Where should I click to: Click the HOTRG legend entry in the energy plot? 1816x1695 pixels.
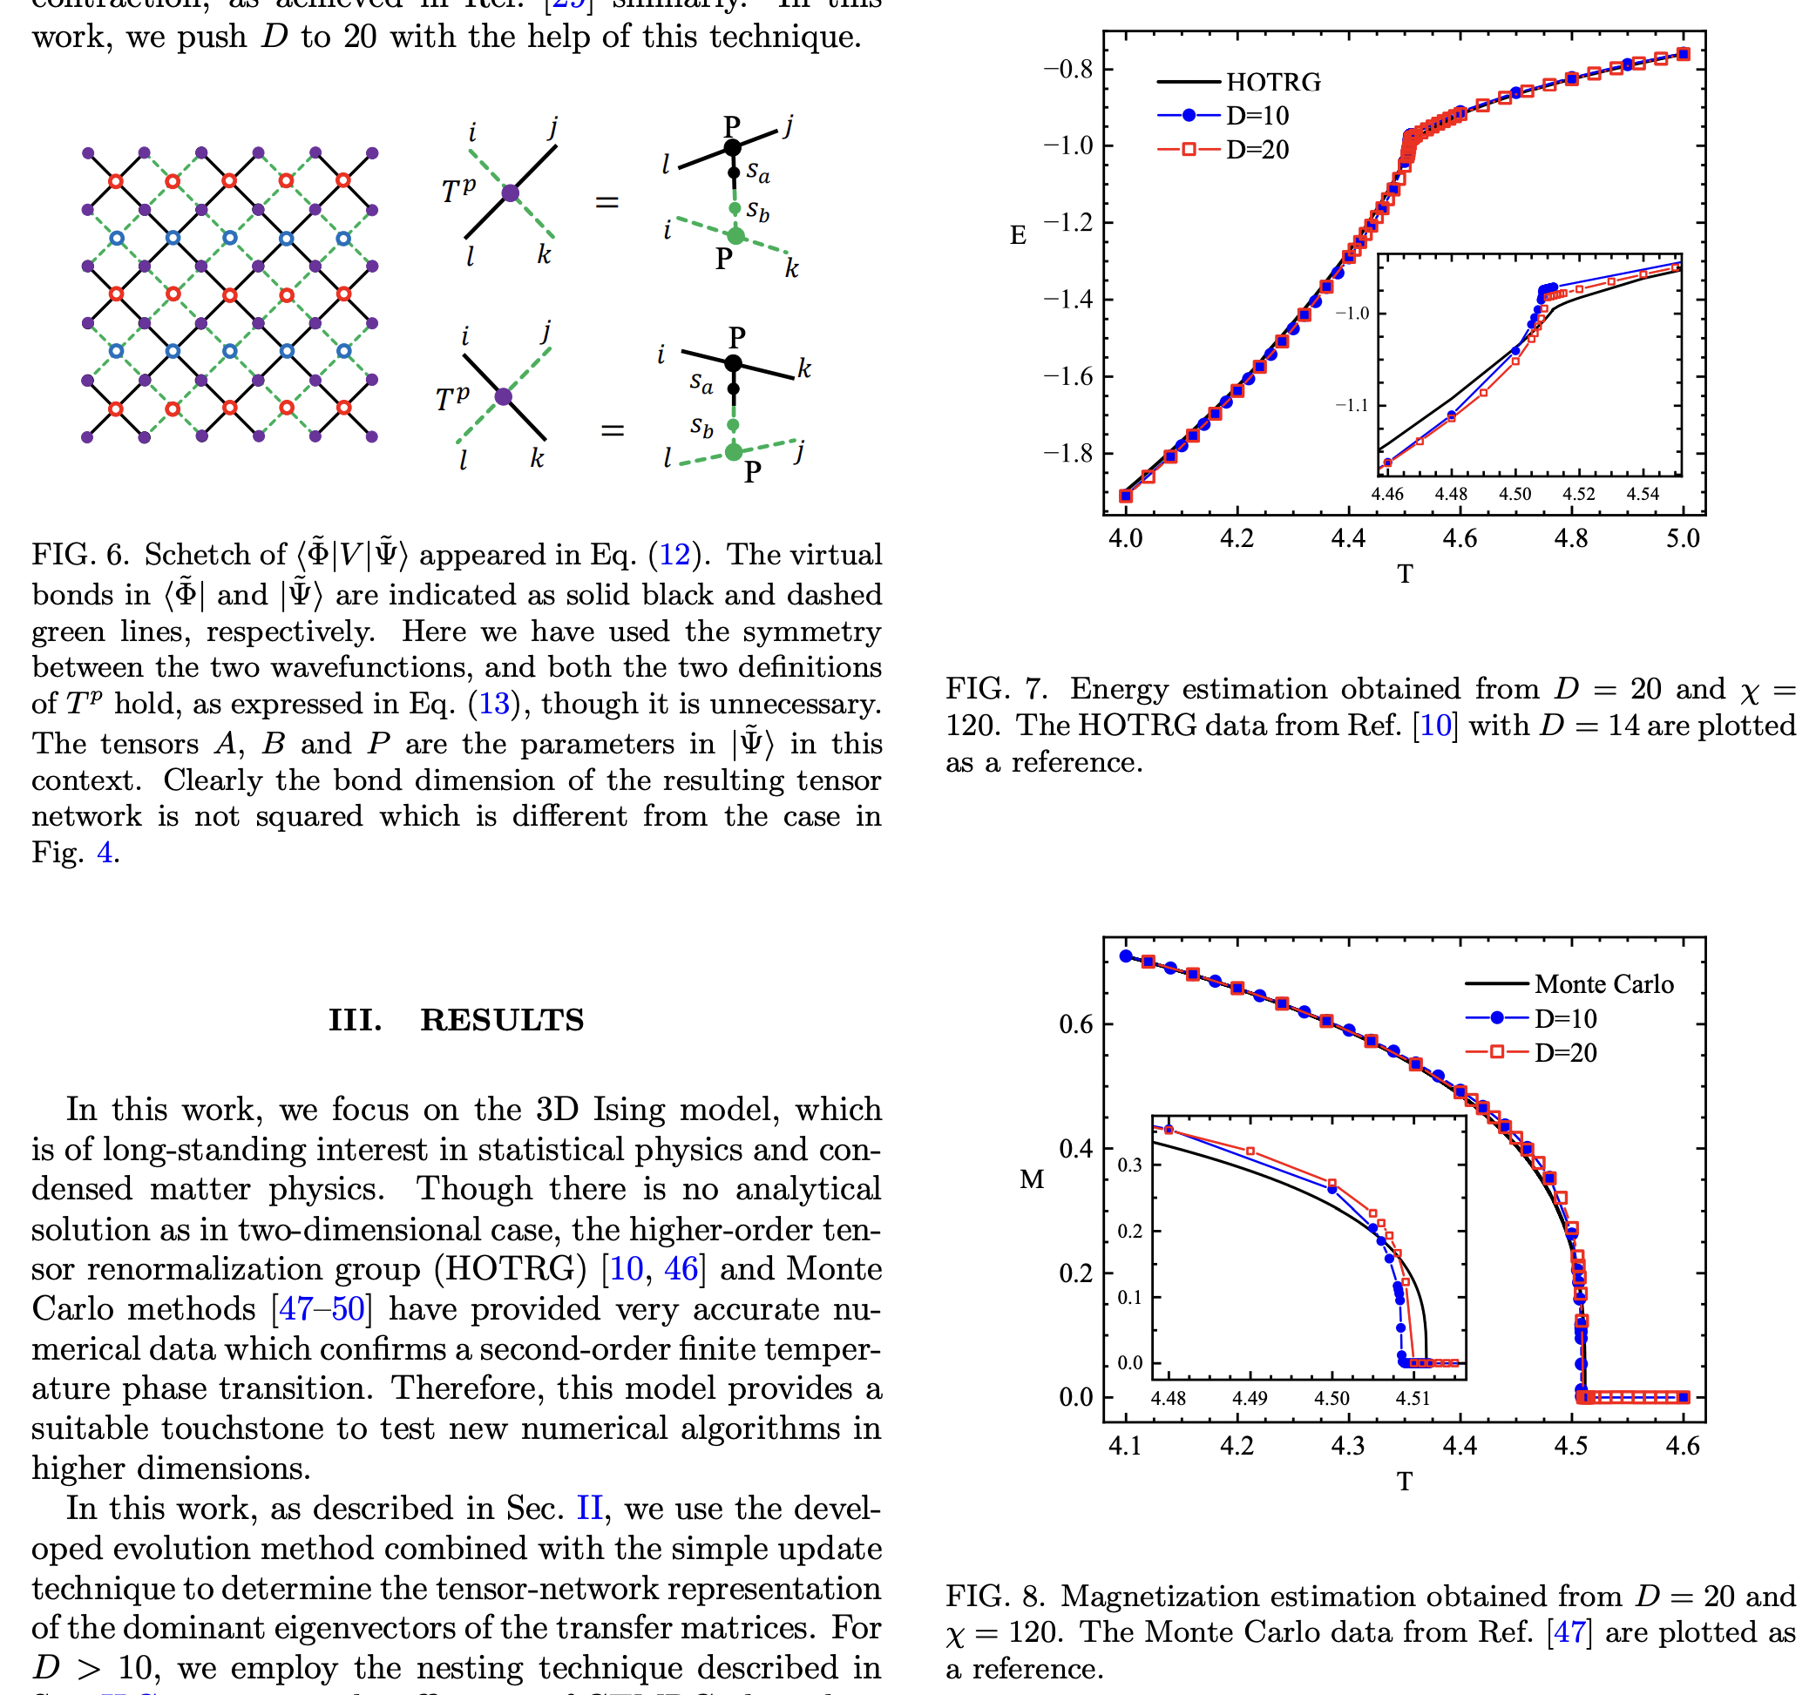[1272, 82]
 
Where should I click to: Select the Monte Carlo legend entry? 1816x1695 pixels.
[1603, 983]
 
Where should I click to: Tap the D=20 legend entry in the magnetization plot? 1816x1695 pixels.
[1565, 1053]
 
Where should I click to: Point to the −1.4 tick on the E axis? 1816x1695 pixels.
[1067, 300]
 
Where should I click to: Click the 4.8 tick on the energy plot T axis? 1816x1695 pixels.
[1570, 538]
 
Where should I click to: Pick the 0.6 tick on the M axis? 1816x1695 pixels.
[1075, 1023]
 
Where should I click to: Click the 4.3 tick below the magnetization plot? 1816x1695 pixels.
[1347, 1446]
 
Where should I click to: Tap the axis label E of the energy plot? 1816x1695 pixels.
[1018, 236]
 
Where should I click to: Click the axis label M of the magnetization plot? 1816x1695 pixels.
[1032, 1180]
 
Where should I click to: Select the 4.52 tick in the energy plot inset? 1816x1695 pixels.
[1578, 494]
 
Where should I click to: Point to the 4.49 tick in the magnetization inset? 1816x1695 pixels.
[1249, 1398]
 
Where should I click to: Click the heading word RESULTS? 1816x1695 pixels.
[502, 1020]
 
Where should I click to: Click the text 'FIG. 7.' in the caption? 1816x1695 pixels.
[996, 689]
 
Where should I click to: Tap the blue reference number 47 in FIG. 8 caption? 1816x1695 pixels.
[1569, 1632]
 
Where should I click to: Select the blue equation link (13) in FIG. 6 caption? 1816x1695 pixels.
[493, 704]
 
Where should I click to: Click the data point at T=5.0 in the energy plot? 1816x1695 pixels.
[1683, 55]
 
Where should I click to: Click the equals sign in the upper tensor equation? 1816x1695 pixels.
[606, 202]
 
